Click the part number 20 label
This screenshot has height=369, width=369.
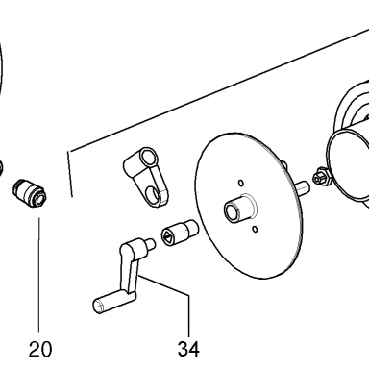(x=40, y=349)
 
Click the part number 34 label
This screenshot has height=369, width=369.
(x=188, y=349)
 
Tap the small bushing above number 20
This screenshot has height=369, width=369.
(x=30, y=193)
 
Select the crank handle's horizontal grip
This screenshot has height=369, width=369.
(x=113, y=300)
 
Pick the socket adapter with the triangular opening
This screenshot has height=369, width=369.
(x=180, y=233)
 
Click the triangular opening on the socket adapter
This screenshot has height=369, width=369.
(x=168, y=237)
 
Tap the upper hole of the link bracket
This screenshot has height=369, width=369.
(x=148, y=158)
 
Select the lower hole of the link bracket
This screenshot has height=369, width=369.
(x=152, y=194)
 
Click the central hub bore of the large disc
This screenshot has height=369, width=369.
(x=231, y=211)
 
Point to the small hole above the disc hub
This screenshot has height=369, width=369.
(x=241, y=183)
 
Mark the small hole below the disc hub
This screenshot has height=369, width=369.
(x=255, y=229)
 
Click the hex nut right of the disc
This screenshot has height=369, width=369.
(x=321, y=177)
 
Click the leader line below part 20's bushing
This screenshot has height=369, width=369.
(x=39, y=275)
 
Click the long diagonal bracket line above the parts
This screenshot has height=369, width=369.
(x=218, y=90)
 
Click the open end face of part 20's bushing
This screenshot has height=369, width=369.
(x=40, y=197)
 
